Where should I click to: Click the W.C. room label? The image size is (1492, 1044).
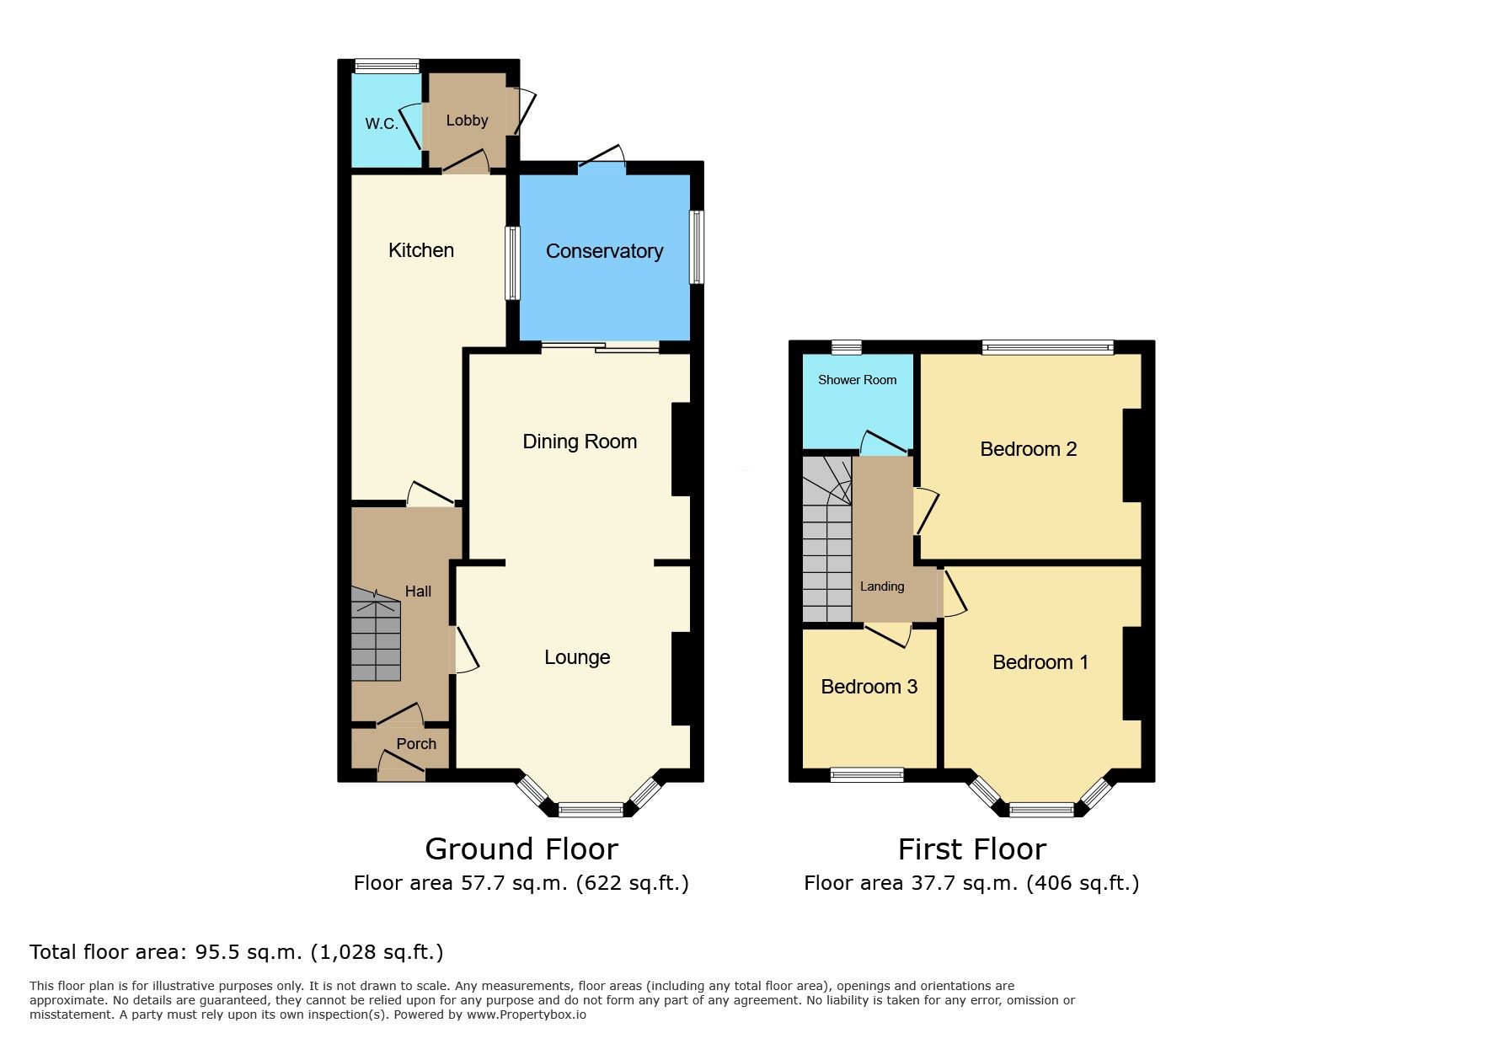[382, 124]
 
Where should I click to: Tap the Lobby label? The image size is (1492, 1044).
[467, 120]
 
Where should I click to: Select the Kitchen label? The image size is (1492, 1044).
[421, 250]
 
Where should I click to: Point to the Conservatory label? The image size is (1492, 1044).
[604, 251]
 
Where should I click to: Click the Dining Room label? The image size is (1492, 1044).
[580, 442]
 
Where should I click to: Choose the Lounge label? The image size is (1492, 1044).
[577, 657]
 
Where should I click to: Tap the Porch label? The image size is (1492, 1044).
[416, 744]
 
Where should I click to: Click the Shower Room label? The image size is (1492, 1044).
[857, 380]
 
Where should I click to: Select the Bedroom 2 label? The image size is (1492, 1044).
[1029, 449]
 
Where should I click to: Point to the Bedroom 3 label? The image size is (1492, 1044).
[869, 687]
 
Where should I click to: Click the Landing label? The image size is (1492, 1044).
[882, 586]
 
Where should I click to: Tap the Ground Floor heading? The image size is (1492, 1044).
[521, 849]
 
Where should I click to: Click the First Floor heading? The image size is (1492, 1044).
[972, 849]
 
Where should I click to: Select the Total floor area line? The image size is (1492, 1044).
[237, 952]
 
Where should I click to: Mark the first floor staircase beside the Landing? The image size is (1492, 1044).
[827, 538]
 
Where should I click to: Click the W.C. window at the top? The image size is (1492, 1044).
[387, 66]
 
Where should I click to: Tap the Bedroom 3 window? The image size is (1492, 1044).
[867, 775]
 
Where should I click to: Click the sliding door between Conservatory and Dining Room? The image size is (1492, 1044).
[601, 347]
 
